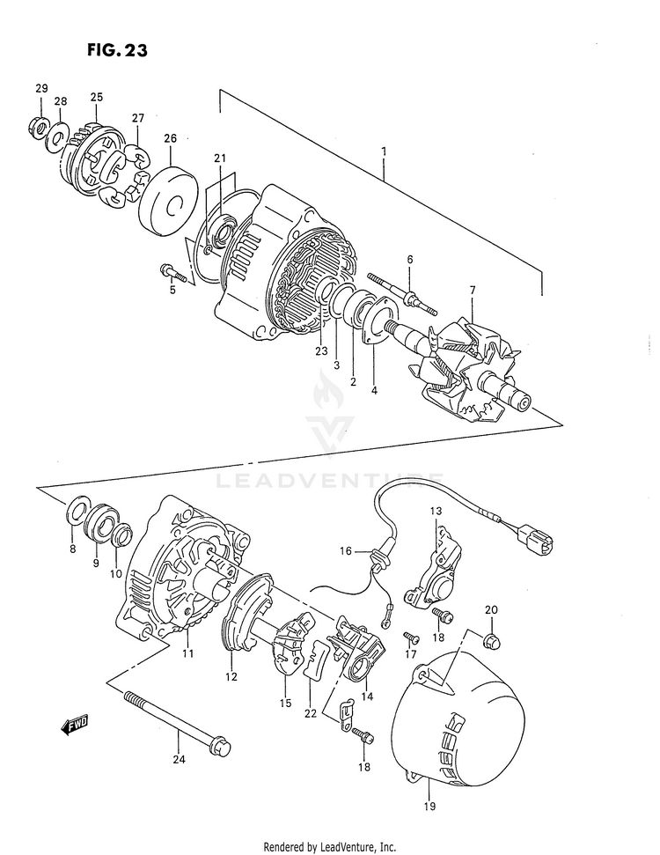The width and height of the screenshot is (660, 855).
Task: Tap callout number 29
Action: tap(40, 88)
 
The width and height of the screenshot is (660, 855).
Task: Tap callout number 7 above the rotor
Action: tap(472, 291)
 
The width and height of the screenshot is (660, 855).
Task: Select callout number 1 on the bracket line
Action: tap(384, 151)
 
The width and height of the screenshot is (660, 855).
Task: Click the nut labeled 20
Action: tap(493, 640)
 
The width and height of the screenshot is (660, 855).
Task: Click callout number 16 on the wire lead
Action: tap(347, 550)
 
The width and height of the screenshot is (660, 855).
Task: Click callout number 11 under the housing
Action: tap(187, 653)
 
